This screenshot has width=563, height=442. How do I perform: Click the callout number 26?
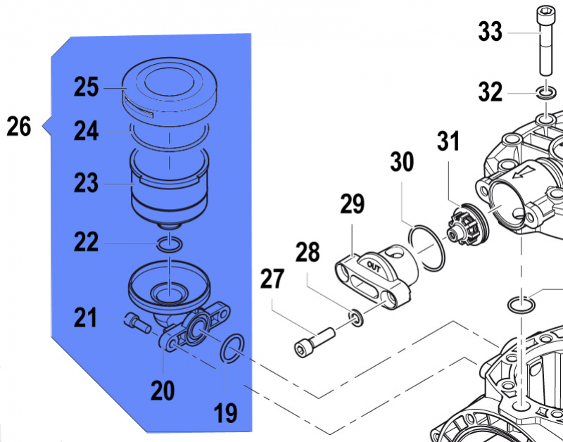[19, 127]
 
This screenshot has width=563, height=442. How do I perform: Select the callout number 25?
[87, 87]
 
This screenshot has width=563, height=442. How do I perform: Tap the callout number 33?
[490, 32]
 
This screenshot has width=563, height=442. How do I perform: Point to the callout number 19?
[226, 412]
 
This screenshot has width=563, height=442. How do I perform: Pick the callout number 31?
[449, 141]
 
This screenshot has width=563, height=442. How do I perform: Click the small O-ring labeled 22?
[169, 244]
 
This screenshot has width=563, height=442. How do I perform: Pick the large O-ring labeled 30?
[426, 248]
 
